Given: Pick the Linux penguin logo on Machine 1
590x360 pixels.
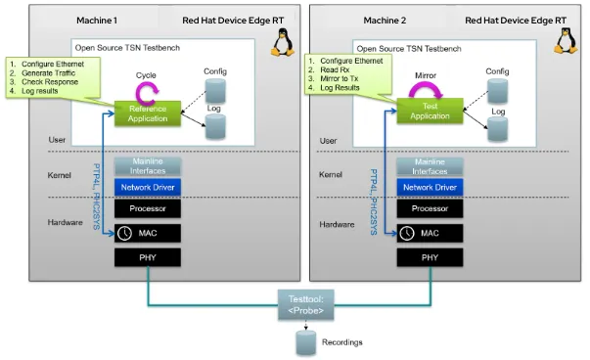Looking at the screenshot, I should pos(281,41).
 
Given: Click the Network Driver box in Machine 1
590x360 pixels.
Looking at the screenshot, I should pos(148,186).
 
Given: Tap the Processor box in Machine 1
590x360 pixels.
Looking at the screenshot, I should pos(148,209).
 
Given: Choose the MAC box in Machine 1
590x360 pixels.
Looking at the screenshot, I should pos(148,234).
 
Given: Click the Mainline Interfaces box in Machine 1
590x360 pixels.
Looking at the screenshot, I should pos(148,165).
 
